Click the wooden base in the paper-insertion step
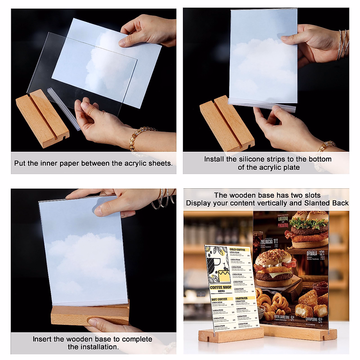click(x=42, y=118)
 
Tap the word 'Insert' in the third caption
click(x=42, y=339)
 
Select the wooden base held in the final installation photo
click(x=90, y=315)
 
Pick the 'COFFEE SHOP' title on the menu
click(x=220, y=287)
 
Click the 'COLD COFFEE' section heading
click(x=237, y=250)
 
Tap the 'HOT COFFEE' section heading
click(x=219, y=299)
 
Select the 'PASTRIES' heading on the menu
click(x=241, y=298)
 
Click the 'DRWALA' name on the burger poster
click(x=312, y=253)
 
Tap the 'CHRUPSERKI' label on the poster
click(x=312, y=320)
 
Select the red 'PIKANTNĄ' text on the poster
click(x=283, y=225)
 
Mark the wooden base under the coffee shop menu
click(x=231, y=336)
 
